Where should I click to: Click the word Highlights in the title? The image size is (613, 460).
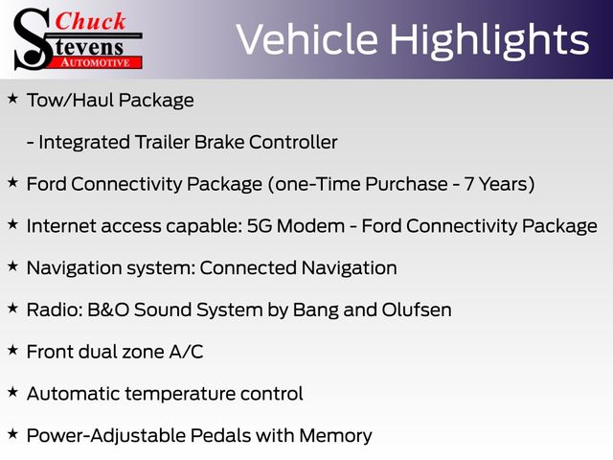[x=489, y=40]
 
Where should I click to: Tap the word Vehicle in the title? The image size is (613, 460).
[x=307, y=39]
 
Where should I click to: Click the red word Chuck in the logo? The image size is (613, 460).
[x=90, y=21]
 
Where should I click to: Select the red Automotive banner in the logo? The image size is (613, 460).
[x=96, y=62]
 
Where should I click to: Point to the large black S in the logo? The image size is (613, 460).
[x=33, y=39]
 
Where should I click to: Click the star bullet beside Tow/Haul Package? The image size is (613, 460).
[x=12, y=98]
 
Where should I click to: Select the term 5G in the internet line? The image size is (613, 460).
[x=260, y=226]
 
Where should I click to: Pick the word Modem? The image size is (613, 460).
[x=310, y=226]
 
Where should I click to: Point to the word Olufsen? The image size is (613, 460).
[x=417, y=310]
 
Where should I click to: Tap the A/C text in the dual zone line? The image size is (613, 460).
[x=186, y=352]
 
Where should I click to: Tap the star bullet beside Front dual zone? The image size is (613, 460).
[x=12, y=350]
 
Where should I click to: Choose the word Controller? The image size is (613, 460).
[x=293, y=142]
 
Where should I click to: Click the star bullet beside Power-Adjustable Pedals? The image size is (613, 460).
[x=12, y=434]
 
